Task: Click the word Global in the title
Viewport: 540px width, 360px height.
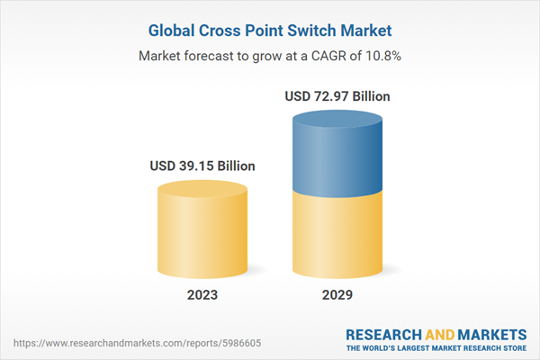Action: point(175,31)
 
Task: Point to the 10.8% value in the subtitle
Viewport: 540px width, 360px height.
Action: point(383,56)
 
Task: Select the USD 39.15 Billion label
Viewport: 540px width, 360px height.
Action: point(202,166)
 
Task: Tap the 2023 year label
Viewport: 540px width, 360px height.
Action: point(202,294)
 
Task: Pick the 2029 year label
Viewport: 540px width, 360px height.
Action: point(337,294)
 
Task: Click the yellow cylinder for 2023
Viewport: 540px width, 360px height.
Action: point(202,234)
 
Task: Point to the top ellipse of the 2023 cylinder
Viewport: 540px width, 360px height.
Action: point(202,190)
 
